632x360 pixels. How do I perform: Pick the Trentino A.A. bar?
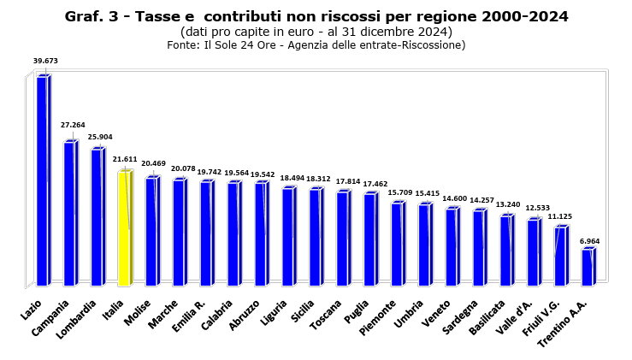[587, 267]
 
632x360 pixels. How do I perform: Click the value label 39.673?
[45, 61]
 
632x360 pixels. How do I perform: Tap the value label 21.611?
[125, 159]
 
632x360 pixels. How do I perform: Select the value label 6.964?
[590, 240]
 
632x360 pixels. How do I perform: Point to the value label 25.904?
[100, 137]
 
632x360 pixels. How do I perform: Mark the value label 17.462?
[374, 184]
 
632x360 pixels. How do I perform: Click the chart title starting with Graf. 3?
[316, 16]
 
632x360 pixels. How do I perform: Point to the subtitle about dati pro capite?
[316, 32]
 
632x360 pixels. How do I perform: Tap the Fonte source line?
[316, 45]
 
